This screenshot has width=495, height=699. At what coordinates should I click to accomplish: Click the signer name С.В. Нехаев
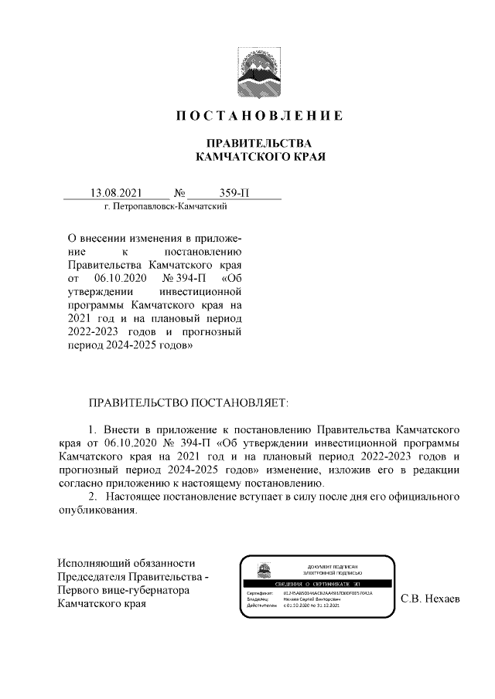[430, 599]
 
